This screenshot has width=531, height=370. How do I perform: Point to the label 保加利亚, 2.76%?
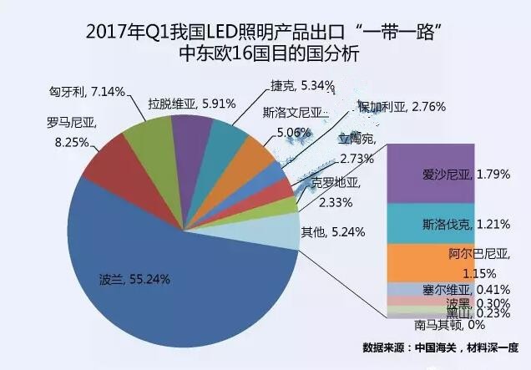(x=402, y=107)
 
